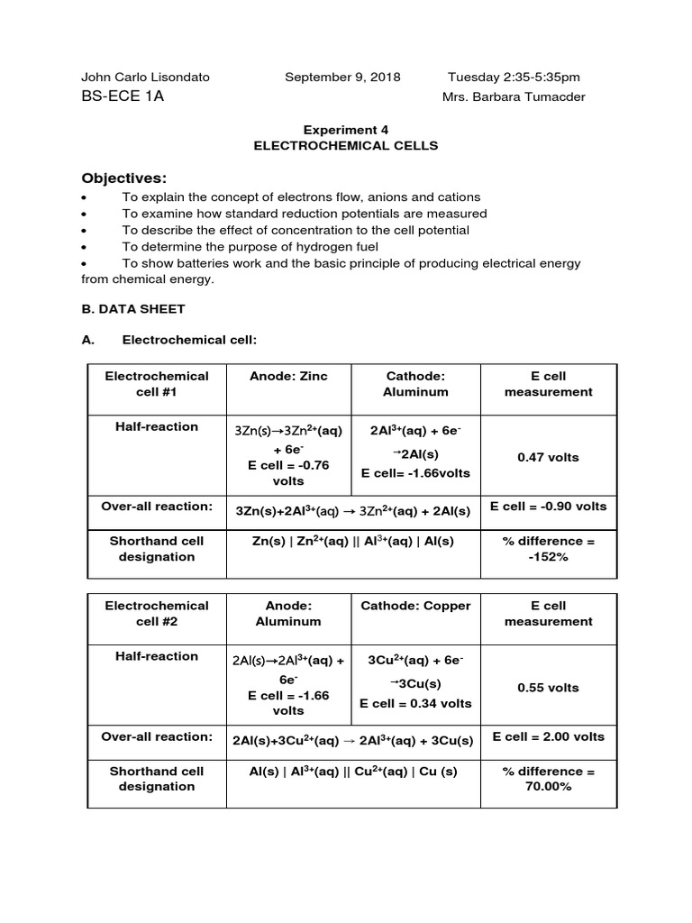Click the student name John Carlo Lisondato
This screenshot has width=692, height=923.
[145, 78]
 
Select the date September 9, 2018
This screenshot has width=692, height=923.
[342, 78]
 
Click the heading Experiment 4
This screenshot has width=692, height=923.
[346, 130]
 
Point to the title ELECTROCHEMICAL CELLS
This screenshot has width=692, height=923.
[346, 145]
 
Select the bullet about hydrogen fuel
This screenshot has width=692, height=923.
[250, 246]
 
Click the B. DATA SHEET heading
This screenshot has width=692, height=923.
[132, 308]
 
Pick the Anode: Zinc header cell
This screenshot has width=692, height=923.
[288, 376]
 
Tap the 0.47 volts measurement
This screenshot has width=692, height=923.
[548, 457]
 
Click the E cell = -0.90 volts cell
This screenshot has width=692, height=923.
[548, 507]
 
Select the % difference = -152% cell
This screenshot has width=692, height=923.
[548, 549]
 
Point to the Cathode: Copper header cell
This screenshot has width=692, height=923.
[415, 606]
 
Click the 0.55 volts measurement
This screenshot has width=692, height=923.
[548, 688]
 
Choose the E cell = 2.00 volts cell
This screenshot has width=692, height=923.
[548, 736]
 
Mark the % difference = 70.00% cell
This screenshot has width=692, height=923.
[548, 779]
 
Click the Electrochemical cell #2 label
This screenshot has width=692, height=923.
[157, 614]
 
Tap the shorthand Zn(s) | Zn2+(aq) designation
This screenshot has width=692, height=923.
[352, 541]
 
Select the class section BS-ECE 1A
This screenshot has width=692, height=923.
[123, 96]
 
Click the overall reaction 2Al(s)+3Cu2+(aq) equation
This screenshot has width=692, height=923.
[352, 741]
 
